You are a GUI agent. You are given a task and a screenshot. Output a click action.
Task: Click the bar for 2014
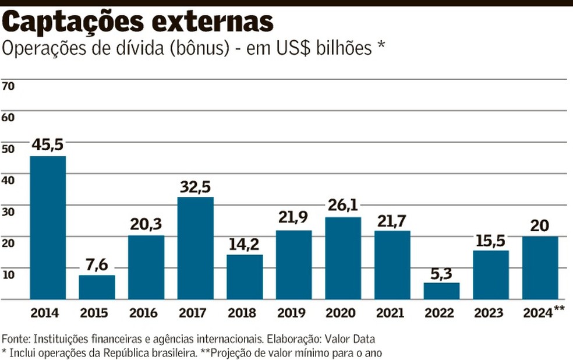point(48,227)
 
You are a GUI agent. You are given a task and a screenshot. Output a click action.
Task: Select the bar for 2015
point(97,287)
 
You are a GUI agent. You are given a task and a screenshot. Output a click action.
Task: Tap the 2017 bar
point(196,248)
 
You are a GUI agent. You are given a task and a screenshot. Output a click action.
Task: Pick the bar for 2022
point(441,290)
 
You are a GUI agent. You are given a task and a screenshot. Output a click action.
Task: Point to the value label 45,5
point(48,144)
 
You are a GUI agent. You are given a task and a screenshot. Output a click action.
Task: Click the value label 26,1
point(343,205)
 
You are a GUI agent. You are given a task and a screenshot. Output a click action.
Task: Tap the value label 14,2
point(245,243)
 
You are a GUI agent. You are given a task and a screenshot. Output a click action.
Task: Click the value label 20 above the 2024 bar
point(540,225)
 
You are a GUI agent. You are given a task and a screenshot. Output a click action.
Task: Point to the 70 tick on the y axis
point(8,86)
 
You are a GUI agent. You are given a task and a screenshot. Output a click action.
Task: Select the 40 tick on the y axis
point(8,180)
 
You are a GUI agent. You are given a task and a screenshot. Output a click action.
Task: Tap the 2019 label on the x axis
point(293,313)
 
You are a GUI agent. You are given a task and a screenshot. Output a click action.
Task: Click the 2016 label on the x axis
point(146,313)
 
